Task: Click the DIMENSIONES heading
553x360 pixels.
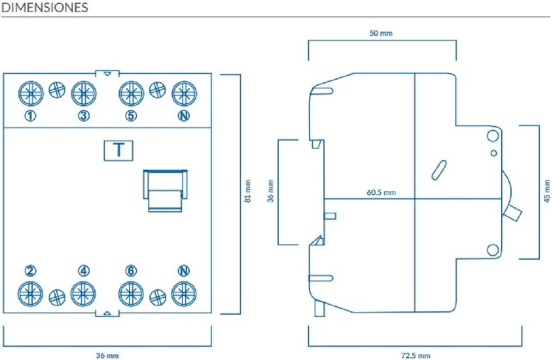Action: [45, 8]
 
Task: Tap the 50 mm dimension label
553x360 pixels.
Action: [381, 33]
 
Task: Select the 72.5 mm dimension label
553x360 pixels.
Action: [416, 356]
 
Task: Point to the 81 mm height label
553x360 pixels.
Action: [248, 191]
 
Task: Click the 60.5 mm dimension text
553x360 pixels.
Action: [381, 193]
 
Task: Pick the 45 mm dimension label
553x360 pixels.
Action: [547, 191]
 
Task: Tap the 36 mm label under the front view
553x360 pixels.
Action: [107, 356]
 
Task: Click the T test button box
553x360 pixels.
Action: [118, 151]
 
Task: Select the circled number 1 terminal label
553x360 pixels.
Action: [31, 116]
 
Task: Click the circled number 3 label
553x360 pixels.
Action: [83, 116]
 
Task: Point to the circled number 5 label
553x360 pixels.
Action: [131, 116]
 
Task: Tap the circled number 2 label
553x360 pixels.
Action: [31, 271]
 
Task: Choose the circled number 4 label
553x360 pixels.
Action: [83, 271]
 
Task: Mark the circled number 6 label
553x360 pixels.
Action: [131, 271]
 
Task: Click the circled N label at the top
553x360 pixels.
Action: [184, 116]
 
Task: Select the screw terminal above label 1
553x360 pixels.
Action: [31, 93]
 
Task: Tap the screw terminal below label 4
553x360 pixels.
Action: [83, 294]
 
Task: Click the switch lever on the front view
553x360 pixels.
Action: [165, 191]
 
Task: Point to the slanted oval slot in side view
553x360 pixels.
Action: [439, 170]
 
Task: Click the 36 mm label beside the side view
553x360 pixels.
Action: [271, 191]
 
